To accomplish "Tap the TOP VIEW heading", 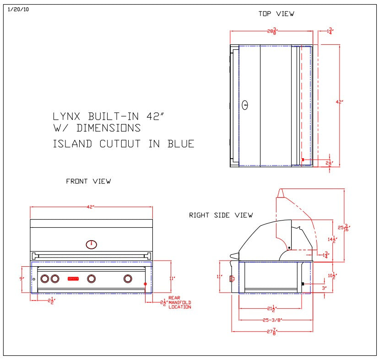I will pos(276,14).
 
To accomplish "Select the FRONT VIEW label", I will pos(88,181).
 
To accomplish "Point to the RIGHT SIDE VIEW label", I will pos(221,215).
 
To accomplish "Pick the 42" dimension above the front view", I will pos(91,207).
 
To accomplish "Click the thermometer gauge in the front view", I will pos(92,244).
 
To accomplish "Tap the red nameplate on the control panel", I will pos(73,278).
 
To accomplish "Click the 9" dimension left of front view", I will pos(21,278).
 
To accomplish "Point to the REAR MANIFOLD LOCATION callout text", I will pos(179,302).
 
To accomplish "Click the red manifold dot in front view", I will pos(146,284).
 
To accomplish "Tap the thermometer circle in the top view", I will pos(245,105).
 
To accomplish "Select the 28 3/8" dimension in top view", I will pos(271,31).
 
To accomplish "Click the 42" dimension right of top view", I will pos(339,102).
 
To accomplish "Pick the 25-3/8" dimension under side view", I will pos(272,320).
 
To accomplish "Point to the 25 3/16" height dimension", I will pos(346,227).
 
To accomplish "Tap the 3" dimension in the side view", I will pos(324,288).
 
